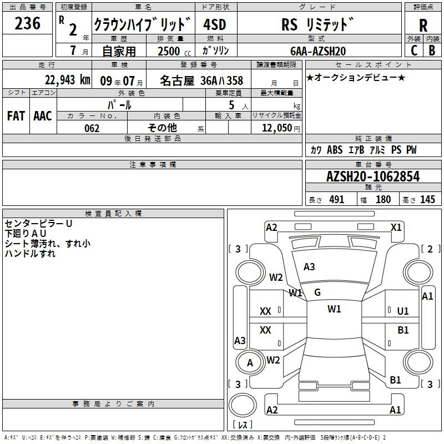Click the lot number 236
pyautogui.click(x=27, y=24)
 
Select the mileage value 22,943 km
pyautogui.click(x=67, y=80)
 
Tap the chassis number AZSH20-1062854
pyautogui.click(x=372, y=176)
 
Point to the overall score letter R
pyautogui.click(x=423, y=26)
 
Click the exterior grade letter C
pyautogui.click(x=413, y=50)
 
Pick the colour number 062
pyautogui.click(x=92, y=128)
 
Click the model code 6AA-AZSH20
pyautogui.click(x=318, y=51)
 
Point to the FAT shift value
pyautogui.click(x=16, y=115)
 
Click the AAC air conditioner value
pyautogui.click(x=43, y=115)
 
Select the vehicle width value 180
pyautogui.click(x=383, y=200)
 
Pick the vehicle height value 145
pyautogui.click(x=427, y=200)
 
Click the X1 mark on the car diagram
pyautogui.click(x=396, y=227)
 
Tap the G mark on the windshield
pyautogui.click(x=317, y=292)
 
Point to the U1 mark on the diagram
pyautogui.click(x=403, y=311)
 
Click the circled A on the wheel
pyautogui.click(x=250, y=363)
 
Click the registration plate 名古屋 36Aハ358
pyautogui.click(x=201, y=80)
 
